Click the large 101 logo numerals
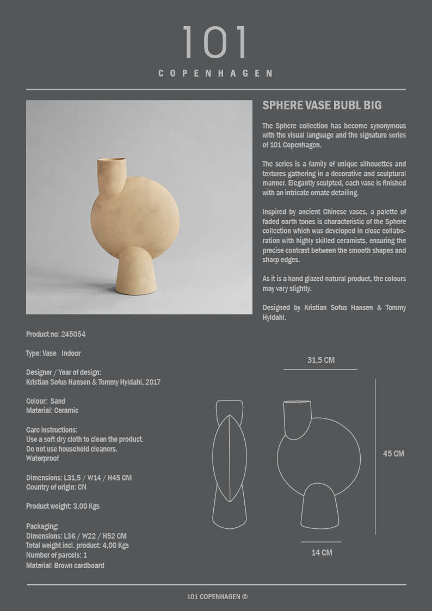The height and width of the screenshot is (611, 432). pyautogui.click(x=215, y=42)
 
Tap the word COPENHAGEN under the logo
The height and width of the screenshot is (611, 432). pyautogui.click(x=215, y=73)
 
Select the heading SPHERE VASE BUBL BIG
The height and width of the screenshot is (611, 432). pyautogui.click(x=322, y=105)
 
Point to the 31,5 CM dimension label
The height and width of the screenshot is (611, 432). pyautogui.click(x=320, y=360)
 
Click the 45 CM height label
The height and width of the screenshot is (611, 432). pyautogui.click(x=393, y=454)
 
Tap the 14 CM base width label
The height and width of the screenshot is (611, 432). pyautogui.click(x=322, y=553)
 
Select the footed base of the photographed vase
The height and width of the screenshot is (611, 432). pyautogui.click(x=137, y=272)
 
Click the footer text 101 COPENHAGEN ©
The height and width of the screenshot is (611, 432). pyautogui.click(x=217, y=596)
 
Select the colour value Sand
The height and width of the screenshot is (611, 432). pyautogui.click(x=58, y=401)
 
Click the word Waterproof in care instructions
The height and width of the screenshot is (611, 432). pyautogui.click(x=42, y=459)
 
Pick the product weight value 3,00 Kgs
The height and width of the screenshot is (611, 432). pyautogui.click(x=86, y=506)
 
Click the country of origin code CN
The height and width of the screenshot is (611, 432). pyautogui.click(x=82, y=487)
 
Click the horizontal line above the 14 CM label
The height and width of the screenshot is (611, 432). pyautogui.click(x=321, y=542)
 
